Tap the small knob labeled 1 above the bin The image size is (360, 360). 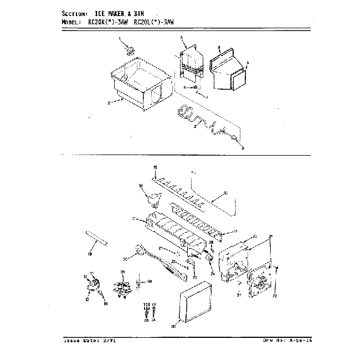[x=131, y=51]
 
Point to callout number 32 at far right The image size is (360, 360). [x=275, y=296]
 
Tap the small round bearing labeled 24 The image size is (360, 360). [x=210, y=260]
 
